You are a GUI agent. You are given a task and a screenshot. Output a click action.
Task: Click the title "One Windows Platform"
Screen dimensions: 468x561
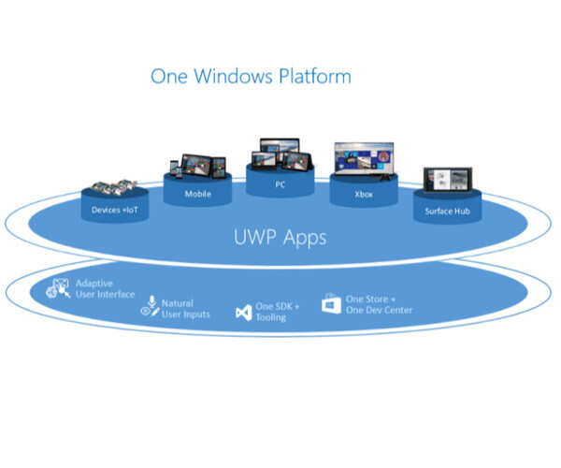tap(251, 76)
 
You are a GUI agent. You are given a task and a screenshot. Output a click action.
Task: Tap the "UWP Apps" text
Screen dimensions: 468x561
tap(280, 237)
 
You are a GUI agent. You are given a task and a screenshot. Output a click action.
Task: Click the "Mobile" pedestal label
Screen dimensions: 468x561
tap(196, 194)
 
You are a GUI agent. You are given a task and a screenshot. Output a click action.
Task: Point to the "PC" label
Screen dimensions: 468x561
tap(280, 185)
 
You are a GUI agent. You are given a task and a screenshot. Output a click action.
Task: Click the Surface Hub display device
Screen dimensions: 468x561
tap(445, 182)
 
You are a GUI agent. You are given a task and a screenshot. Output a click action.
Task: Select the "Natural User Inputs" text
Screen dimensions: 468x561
tap(184, 309)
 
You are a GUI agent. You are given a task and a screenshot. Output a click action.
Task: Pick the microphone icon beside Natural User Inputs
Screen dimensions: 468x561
tap(150, 307)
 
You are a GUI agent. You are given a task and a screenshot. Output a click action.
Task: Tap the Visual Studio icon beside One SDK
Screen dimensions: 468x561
tap(243, 312)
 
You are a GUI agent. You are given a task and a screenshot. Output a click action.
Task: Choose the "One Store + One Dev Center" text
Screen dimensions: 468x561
tap(378, 304)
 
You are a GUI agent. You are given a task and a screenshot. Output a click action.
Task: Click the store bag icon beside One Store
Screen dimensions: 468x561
tap(331, 303)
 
